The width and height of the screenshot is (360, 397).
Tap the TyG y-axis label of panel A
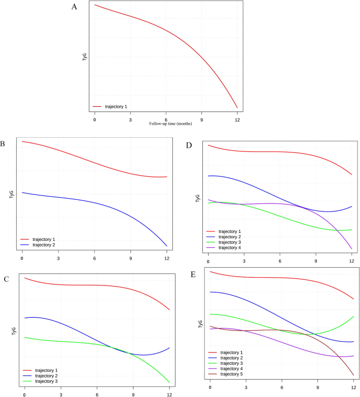(85, 57)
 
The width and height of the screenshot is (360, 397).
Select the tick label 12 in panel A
(237, 120)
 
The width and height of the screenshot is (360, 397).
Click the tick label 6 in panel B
(95, 259)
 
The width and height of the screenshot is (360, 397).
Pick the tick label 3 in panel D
(244, 261)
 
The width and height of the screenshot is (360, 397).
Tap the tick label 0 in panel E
(210, 388)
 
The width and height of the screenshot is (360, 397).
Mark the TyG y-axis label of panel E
(200, 324)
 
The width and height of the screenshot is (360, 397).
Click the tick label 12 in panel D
(352, 261)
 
